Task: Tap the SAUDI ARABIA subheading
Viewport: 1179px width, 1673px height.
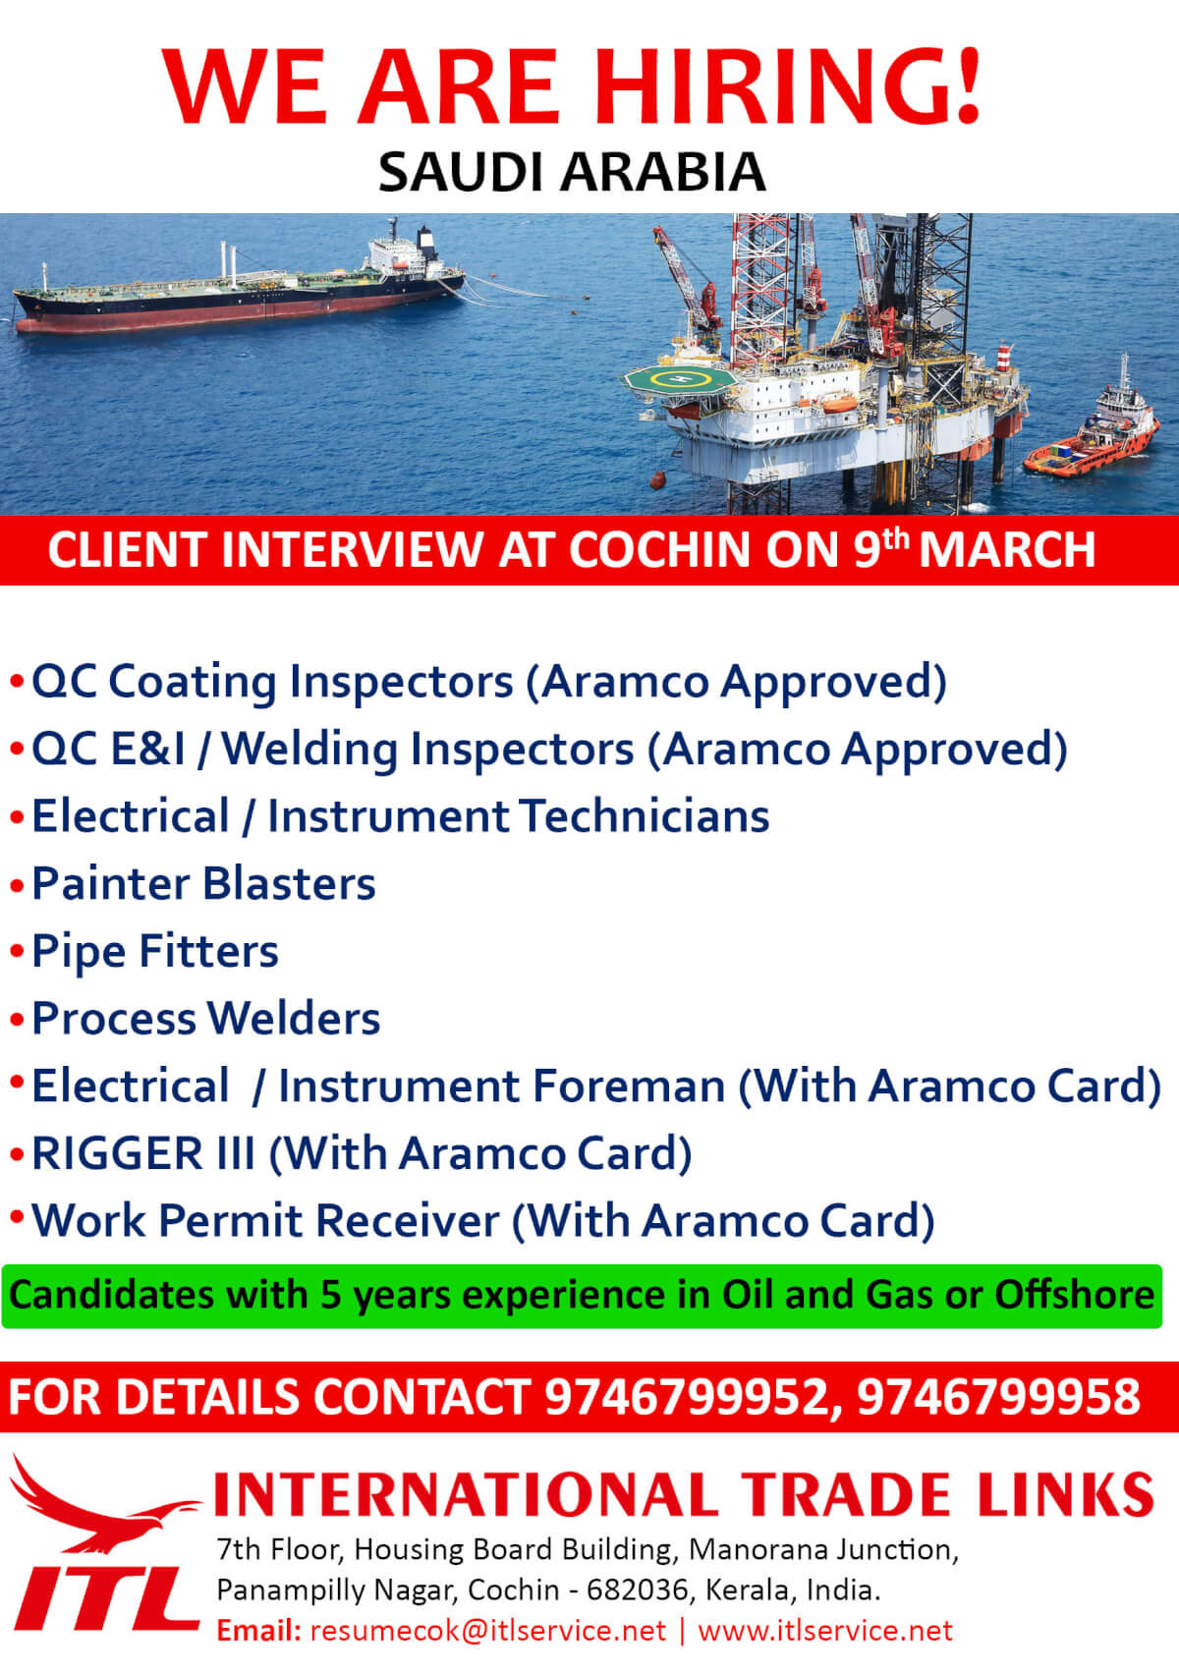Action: [x=573, y=173]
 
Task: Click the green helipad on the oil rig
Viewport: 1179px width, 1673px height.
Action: [x=679, y=378]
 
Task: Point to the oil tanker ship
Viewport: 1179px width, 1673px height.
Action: [x=239, y=287]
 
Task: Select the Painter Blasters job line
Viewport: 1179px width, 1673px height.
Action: [x=203, y=884]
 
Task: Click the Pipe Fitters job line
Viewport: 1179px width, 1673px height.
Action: [x=154, y=952]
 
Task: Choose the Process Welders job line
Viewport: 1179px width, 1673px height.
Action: [x=206, y=1019]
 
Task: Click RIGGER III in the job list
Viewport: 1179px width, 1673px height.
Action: [x=143, y=1153]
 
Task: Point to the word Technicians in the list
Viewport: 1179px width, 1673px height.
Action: [x=645, y=816]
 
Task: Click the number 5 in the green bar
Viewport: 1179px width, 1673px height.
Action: [x=331, y=1295]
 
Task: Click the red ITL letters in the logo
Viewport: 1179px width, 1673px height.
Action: [x=107, y=1597]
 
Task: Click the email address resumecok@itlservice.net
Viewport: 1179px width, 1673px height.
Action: [x=488, y=1631]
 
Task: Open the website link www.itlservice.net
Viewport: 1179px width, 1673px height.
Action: [x=825, y=1631]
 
